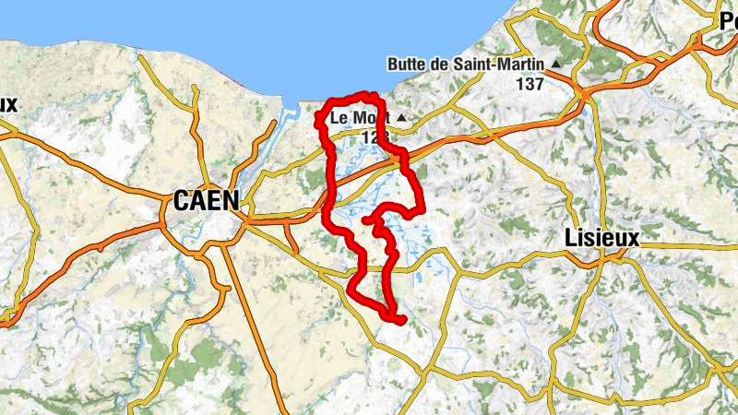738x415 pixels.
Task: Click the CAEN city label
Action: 205,199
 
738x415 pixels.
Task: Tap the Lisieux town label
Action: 601,238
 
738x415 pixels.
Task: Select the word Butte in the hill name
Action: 410,64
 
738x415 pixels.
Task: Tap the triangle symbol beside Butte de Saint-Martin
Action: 556,64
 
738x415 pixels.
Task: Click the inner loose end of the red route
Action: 367,220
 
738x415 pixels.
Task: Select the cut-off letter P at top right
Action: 728,25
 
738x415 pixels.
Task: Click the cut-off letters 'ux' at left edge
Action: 7,103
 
